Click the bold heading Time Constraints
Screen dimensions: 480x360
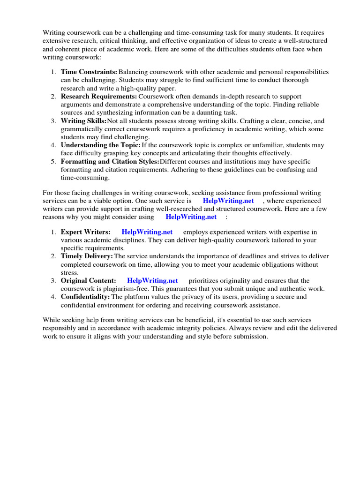click(x=89, y=72)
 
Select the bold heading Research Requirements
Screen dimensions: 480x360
click(x=99, y=96)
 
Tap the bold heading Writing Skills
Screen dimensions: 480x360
click(x=84, y=121)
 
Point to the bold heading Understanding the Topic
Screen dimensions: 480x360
click(x=101, y=145)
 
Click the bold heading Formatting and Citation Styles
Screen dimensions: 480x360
click(x=110, y=162)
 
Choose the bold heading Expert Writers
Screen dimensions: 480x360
click(x=86, y=232)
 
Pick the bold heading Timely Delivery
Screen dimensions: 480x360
click(x=87, y=256)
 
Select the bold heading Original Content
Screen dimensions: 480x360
click(x=89, y=281)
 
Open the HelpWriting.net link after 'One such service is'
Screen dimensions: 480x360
click(x=228, y=201)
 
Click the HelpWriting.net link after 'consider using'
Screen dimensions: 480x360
click(x=191, y=217)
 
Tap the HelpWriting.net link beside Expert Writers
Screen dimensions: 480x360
click(x=147, y=232)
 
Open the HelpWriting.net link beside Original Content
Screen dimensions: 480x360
click(x=153, y=281)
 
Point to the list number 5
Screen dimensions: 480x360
click(x=53, y=162)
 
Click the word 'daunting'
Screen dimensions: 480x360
click(x=212, y=112)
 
